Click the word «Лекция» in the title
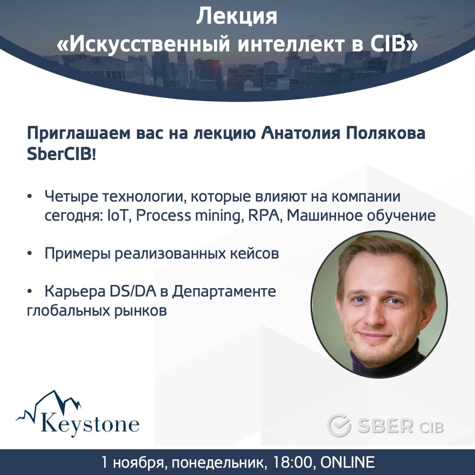coord(237,17)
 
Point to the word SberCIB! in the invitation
coord(61,155)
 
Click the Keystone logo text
coord(90,424)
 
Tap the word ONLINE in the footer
coord(347,462)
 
